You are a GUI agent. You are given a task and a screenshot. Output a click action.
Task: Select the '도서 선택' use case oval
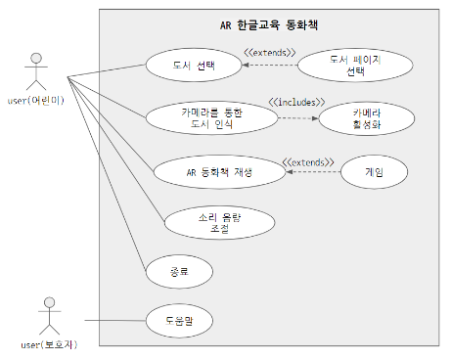coord(194,67)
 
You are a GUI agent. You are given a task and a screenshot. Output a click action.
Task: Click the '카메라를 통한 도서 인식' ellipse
coord(211,118)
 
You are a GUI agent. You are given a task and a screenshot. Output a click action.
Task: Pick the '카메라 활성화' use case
coord(360,118)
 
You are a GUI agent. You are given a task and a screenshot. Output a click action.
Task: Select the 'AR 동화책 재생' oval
coord(219,171)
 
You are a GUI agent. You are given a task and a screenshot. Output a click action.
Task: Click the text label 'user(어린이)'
coord(36,102)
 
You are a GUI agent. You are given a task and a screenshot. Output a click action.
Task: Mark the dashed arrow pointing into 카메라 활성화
coord(298,118)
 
